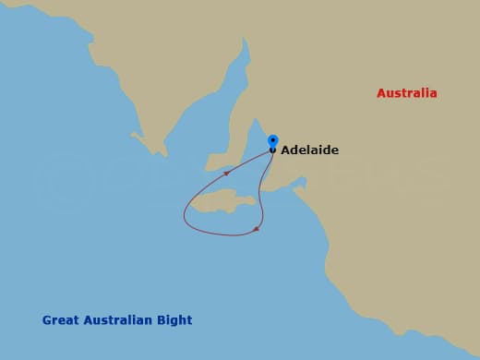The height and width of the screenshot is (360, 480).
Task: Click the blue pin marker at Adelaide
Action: click(272, 141)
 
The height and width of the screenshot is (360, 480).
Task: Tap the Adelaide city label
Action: click(309, 150)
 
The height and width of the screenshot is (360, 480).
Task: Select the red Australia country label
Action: click(406, 93)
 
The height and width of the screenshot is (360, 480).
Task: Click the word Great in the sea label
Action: click(59, 320)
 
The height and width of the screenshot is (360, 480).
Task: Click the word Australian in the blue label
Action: click(116, 320)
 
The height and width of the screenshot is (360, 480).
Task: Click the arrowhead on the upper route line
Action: click(227, 173)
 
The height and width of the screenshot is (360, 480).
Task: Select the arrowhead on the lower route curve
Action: click(256, 229)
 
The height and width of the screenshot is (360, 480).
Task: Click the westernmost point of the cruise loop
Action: click(185, 218)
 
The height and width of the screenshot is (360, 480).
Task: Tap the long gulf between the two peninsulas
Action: click(198, 120)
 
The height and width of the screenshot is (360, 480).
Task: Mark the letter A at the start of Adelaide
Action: click(285, 150)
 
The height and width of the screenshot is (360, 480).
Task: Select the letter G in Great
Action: click(47, 320)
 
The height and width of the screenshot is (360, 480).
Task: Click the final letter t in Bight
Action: click(189, 320)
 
